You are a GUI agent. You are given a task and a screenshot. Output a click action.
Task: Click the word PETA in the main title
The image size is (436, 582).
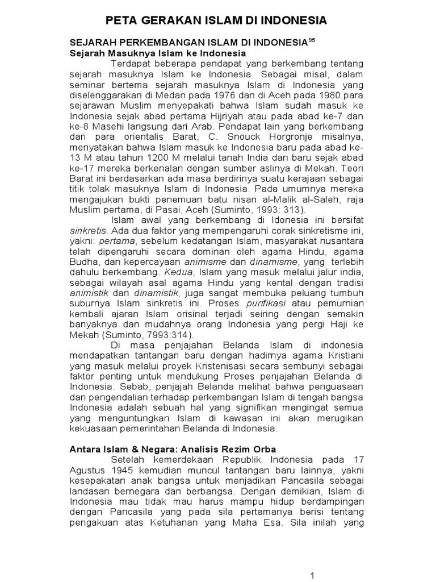point(124,20)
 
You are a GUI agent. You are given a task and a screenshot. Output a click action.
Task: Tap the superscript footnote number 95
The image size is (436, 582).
point(311,40)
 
